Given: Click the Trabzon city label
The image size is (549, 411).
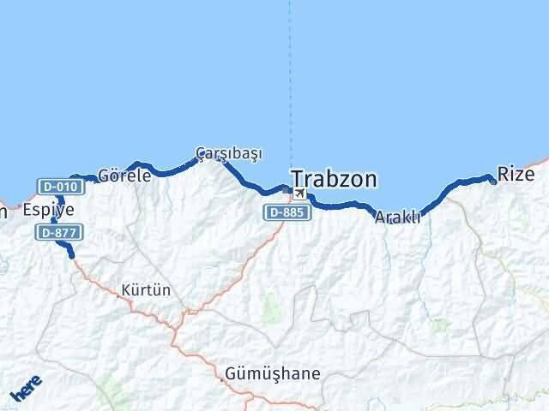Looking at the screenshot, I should click(334, 178).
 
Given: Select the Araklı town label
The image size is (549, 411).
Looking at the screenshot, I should click(398, 218).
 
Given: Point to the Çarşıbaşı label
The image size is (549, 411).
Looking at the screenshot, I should click(228, 153).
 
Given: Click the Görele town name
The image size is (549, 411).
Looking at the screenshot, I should click(124, 176).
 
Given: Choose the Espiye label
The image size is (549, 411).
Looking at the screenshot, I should click(48, 210).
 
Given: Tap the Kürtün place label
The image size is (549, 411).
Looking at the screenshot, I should click(146, 290).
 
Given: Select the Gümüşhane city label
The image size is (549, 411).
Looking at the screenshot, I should click(272, 374).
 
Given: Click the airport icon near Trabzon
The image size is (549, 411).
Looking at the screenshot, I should click(299, 194).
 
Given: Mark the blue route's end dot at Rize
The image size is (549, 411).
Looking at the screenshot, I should click(493, 181).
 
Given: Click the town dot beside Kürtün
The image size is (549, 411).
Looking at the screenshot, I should click(119, 290).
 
